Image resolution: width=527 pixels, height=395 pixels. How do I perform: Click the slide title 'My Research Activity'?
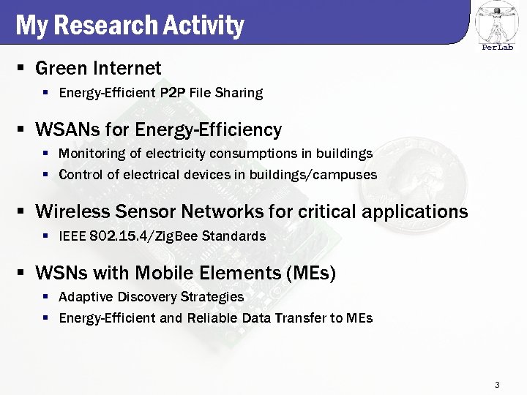point(129,26)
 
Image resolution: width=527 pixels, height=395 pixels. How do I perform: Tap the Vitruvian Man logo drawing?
point(497,22)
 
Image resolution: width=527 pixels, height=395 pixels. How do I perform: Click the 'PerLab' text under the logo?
point(498,48)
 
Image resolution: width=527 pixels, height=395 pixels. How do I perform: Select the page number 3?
point(497,385)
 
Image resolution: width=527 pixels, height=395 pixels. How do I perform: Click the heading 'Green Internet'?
point(98,69)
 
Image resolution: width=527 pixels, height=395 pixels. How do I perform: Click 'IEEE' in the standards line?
point(72,236)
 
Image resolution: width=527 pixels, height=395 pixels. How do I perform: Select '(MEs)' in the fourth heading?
point(312,274)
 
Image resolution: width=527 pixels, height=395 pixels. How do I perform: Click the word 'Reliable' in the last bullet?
point(214,318)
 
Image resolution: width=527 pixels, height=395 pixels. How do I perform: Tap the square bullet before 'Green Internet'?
point(22,69)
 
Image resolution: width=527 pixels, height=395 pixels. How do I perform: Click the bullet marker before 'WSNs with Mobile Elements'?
point(22,274)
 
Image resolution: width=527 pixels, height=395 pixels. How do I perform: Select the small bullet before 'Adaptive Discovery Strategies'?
point(45,297)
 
